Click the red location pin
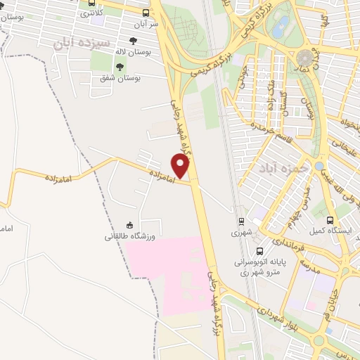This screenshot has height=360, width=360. pos(181,165)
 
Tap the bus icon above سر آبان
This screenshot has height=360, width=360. pos(146,13)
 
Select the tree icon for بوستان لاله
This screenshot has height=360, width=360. pos(133,41)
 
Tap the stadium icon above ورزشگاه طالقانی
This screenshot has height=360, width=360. pos(130,224)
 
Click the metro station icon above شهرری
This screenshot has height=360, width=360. pos(241,220)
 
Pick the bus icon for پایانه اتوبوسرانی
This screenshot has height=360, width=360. pos(260,250)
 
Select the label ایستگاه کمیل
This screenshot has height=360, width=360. pos(325,230)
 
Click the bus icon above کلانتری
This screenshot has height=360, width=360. pos(91,4)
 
